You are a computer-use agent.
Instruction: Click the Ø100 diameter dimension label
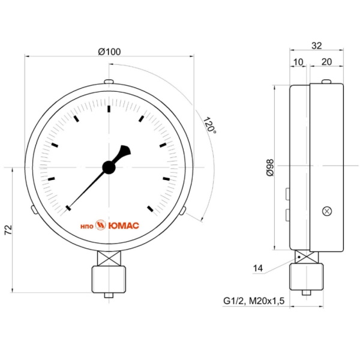[x=109, y=52]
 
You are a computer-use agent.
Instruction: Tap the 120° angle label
[x=209, y=125]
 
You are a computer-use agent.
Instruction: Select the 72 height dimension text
[x=8, y=230]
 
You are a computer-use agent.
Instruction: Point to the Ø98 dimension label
[x=270, y=167]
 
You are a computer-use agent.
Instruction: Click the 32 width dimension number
[x=317, y=46]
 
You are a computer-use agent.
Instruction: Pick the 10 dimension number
[x=298, y=62]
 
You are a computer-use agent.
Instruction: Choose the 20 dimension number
[x=326, y=62]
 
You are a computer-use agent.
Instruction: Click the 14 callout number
[x=257, y=268]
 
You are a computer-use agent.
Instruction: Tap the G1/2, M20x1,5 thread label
[x=254, y=301]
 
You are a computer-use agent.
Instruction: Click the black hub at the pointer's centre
[x=109, y=167]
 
